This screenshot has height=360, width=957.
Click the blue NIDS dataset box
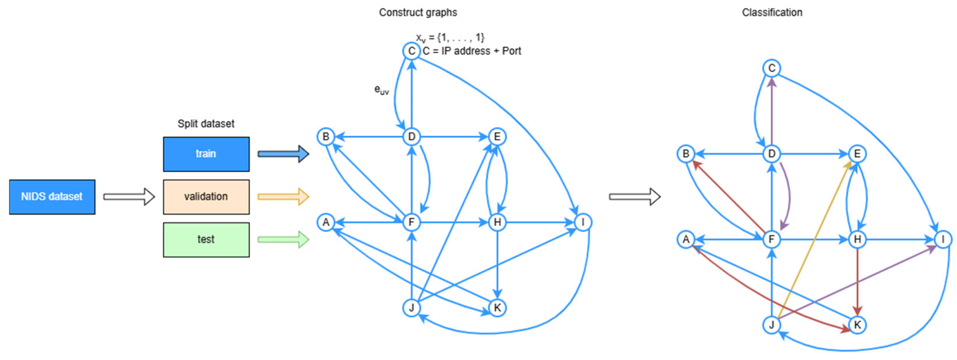[x=52, y=196]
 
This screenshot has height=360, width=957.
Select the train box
[x=206, y=154]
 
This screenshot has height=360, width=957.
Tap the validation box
[x=206, y=196]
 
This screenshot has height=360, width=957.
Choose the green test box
[x=206, y=239]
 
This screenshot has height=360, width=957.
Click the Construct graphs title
[x=418, y=12]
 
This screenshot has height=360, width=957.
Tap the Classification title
[x=772, y=12]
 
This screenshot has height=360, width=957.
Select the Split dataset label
[x=206, y=123]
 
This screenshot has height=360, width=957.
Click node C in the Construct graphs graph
[x=412, y=51]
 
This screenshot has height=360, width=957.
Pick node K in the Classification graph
[x=858, y=325]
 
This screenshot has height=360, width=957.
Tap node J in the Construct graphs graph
[x=412, y=308]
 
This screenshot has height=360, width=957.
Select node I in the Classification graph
[x=943, y=239]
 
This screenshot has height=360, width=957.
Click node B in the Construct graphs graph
[x=326, y=137]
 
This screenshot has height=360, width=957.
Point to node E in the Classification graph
[x=858, y=154]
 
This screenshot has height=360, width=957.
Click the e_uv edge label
[x=381, y=90]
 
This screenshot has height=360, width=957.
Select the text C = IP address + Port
[x=472, y=51]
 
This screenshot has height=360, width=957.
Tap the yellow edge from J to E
[x=814, y=241]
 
